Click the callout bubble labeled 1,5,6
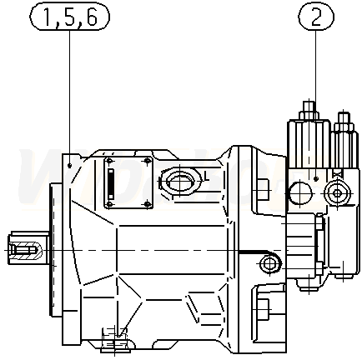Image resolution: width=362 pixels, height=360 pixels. pyautogui.click(x=69, y=17)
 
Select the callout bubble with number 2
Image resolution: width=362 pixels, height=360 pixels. pyautogui.click(x=316, y=17)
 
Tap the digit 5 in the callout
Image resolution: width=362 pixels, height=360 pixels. pyautogui.click(x=70, y=17)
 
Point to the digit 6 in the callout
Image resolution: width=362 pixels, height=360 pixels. pyautogui.click(x=91, y=17)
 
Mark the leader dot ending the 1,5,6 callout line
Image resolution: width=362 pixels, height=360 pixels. pyautogui.click(x=69, y=166)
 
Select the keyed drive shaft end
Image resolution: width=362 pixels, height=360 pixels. pyautogui.click(x=28, y=247)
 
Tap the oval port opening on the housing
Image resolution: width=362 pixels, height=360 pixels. pyautogui.click(x=180, y=181)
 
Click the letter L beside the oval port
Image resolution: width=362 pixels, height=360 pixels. pyautogui.click(x=205, y=176)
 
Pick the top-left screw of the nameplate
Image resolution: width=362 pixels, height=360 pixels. pyautogui.click(x=109, y=162)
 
